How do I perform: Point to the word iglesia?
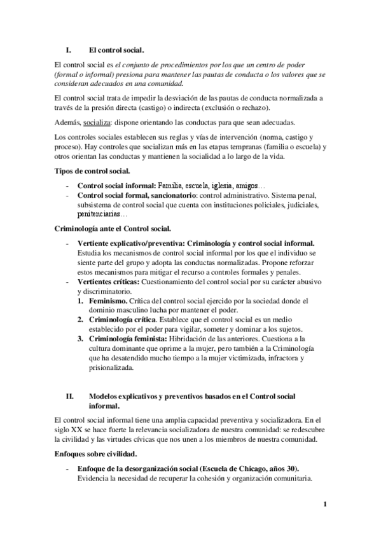click(212, 185)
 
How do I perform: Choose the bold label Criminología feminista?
click(125, 339)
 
